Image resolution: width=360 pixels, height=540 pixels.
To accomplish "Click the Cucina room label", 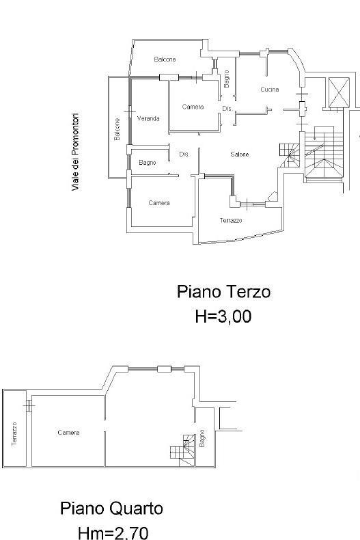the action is pyautogui.click(x=269, y=90).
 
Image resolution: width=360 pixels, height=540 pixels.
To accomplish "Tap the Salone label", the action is pyautogui.click(x=240, y=154).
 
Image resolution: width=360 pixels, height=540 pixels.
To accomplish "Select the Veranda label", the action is pyautogui.click(x=148, y=118).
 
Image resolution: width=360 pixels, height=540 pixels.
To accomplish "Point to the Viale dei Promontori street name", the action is pyautogui.click(x=75, y=152).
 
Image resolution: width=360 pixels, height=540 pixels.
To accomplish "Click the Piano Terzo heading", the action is pyautogui.click(x=223, y=292).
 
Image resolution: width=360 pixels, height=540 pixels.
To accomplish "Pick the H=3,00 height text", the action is pyautogui.click(x=223, y=316).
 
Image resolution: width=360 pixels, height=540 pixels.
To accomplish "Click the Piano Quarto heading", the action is pyautogui.click(x=111, y=509).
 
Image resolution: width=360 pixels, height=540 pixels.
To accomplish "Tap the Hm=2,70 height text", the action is pyautogui.click(x=113, y=532).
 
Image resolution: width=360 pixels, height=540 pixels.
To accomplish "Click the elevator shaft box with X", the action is pyautogui.click(x=339, y=93).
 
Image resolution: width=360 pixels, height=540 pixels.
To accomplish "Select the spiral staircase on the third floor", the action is pyautogui.click(x=290, y=155).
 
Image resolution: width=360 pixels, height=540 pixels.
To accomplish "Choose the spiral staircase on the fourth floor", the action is pyautogui.click(x=183, y=450).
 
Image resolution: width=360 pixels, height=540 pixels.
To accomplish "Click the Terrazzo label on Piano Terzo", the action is pyautogui.click(x=231, y=220).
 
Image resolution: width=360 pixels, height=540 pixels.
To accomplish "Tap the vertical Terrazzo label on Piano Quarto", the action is pyautogui.click(x=14, y=434).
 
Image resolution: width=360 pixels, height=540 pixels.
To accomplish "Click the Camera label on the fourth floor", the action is pyautogui.click(x=68, y=433).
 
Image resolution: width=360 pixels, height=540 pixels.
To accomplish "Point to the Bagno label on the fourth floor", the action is pyautogui.click(x=202, y=438).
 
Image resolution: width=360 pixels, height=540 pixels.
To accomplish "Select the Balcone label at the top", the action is pyautogui.click(x=165, y=59).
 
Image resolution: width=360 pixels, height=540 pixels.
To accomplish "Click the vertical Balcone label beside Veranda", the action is pyautogui.click(x=117, y=129).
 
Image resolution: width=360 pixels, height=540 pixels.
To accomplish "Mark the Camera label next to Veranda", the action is pyautogui.click(x=193, y=107).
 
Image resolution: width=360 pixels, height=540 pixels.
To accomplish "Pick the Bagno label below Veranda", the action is pyautogui.click(x=148, y=163).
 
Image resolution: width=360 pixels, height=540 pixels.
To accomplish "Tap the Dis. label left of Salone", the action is pyautogui.click(x=184, y=154).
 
